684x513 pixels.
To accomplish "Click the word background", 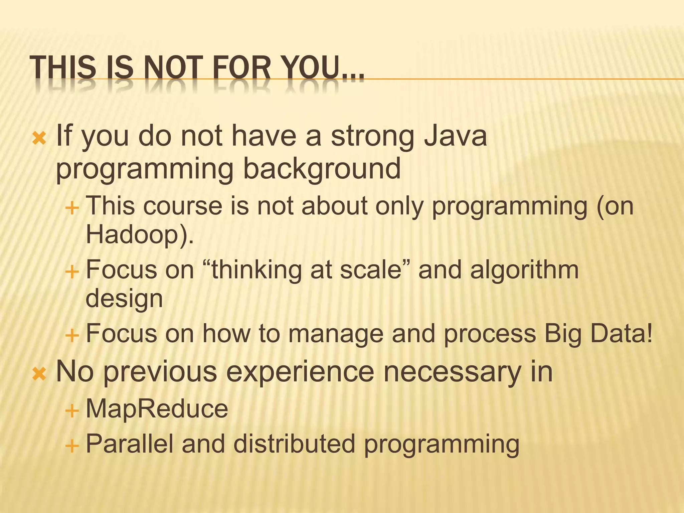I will coord(321,169).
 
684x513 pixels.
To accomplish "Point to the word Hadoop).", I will coord(140,234).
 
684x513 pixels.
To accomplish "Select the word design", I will coord(124,299).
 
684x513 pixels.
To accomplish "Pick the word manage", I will coord(335,334).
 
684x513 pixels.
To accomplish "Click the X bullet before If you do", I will coord(39,138).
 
